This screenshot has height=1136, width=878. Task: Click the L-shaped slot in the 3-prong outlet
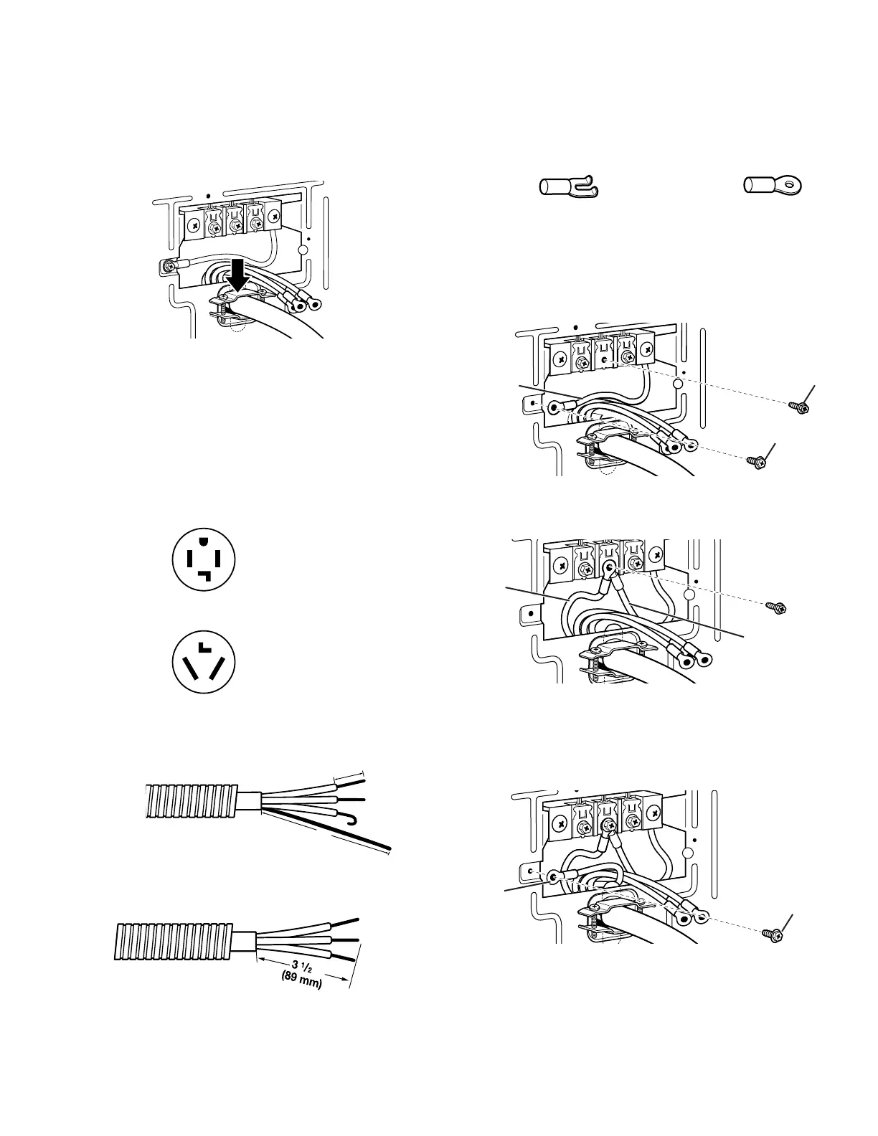(x=204, y=647)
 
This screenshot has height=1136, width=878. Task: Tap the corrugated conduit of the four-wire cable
(x=189, y=800)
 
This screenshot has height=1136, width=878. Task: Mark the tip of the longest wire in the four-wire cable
(x=389, y=849)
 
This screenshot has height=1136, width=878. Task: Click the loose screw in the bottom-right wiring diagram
(x=772, y=935)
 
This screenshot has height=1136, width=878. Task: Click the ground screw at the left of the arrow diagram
(x=168, y=267)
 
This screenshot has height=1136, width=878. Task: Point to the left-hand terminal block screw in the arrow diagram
(x=194, y=224)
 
